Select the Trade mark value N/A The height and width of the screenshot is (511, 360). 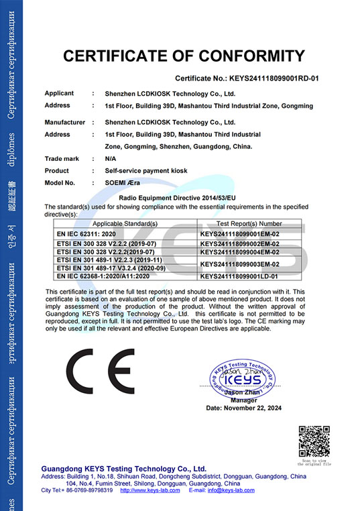[x=111, y=159]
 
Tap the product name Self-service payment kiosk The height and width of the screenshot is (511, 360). [x=146, y=171]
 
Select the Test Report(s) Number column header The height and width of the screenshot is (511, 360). [x=249, y=223]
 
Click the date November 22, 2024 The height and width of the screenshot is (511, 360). [x=243, y=408]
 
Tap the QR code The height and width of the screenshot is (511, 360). [x=314, y=441]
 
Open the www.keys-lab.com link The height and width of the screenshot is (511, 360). [x=149, y=490]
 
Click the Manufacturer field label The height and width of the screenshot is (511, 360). [x=65, y=123]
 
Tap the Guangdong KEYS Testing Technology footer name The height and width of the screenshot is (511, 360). [x=124, y=468]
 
